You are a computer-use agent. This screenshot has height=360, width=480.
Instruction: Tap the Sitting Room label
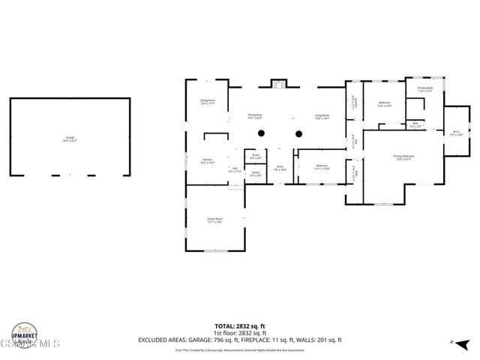point(208,101)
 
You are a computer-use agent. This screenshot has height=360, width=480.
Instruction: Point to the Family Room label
point(215,220)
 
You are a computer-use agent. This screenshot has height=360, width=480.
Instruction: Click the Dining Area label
point(260,116)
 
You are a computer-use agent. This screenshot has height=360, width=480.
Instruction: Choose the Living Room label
point(322,116)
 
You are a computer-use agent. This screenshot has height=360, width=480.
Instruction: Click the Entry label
point(280,168)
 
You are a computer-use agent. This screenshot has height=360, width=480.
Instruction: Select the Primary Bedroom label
point(403,157)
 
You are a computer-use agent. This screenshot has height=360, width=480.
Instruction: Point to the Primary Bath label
point(425,90)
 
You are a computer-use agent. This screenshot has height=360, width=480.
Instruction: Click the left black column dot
point(260,133)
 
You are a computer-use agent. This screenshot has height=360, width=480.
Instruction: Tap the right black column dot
point(298,134)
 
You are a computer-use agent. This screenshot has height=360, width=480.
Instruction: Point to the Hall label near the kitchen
point(235,169)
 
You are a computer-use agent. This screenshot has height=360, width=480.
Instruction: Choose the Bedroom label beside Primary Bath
point(384,104)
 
